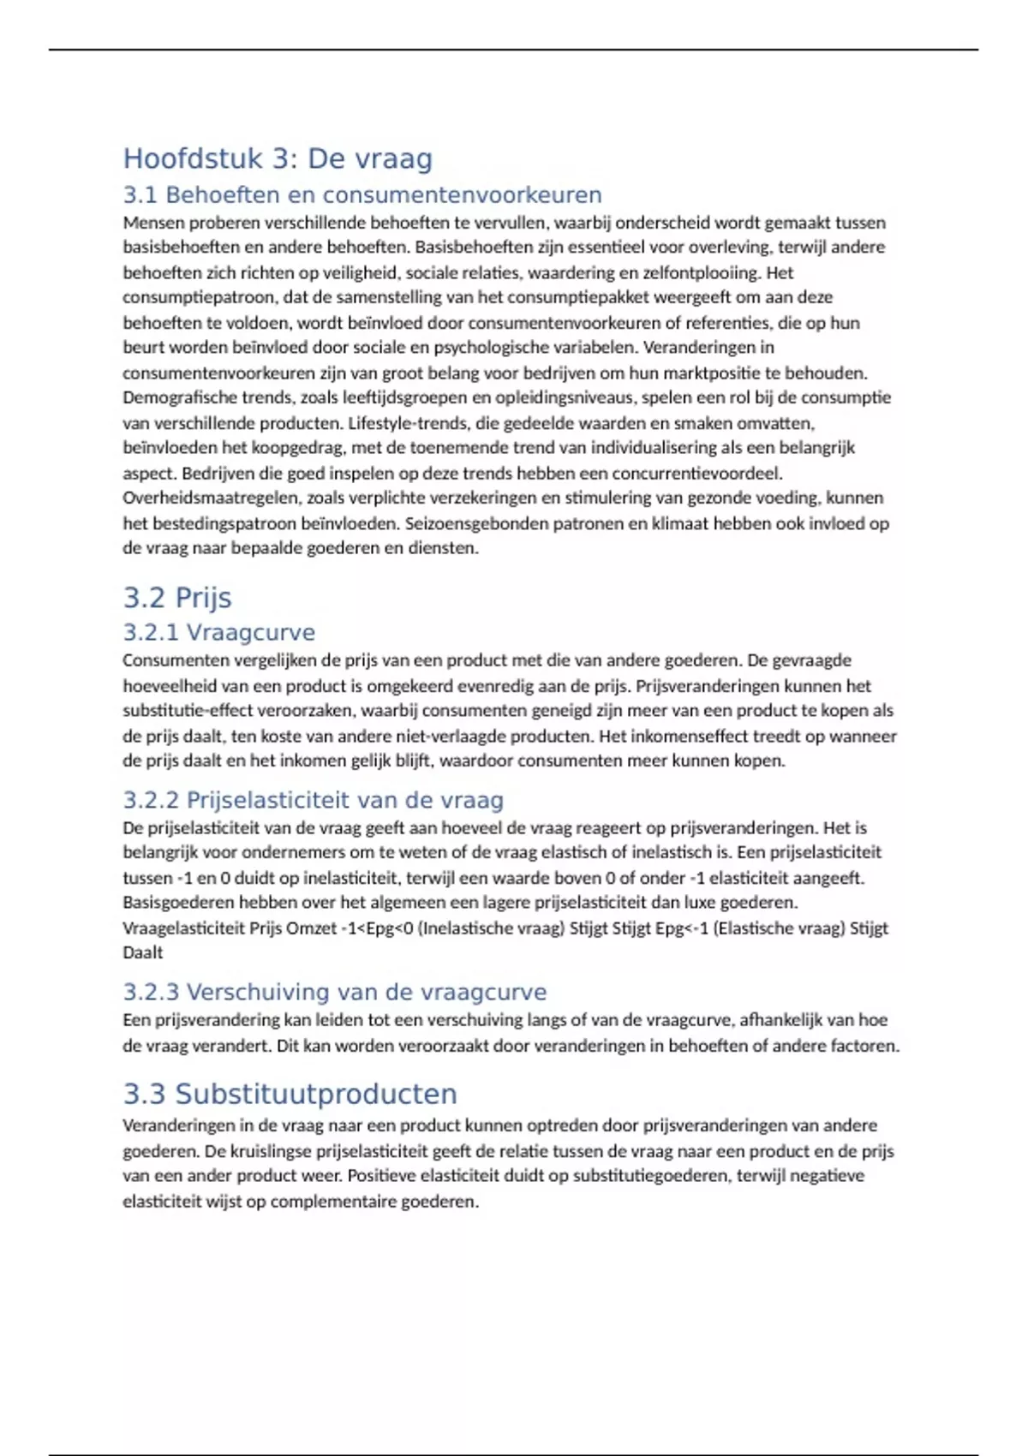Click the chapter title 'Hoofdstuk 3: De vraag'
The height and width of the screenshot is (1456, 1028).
pyautogui.click(x=278, y=158)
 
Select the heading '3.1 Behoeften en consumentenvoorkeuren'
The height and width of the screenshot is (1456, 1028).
pyautogui.click(x=362, y=195)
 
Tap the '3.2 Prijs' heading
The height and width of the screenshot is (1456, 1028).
pyautogui.click(x=177, y=598)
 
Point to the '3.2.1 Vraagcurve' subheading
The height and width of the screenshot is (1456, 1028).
pyautogui.click(x=219, y=633)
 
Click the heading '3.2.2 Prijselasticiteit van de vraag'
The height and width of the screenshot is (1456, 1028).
pyautogui.click(x=314, y=800)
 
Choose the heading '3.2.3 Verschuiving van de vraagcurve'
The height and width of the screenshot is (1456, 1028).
pyautogui.click(x=335, y=992)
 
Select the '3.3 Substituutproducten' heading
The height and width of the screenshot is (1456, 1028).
pyautogui.click(x=290, y=1094)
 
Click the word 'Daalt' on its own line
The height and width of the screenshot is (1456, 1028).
pyautogui.click(x=143, y=952)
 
